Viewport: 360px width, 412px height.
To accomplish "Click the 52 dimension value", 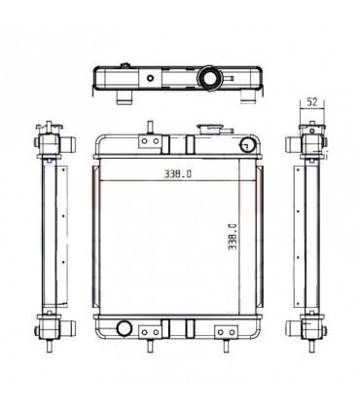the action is [x=311, y=102].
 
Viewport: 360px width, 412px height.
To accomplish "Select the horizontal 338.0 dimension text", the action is [x=177, y=174].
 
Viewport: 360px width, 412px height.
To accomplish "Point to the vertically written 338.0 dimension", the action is [x=233, y=237].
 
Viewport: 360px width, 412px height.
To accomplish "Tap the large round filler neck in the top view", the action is [x=208, y=78].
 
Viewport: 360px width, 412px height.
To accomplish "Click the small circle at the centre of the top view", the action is [x=150, y=78].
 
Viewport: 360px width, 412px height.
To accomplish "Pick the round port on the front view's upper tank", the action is [x=247, y=144].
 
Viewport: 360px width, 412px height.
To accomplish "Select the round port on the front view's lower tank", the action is [x=124, y=328].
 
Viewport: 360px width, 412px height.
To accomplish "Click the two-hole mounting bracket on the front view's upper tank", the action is [x=150, y=141].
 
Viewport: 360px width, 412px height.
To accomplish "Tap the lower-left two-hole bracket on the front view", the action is [x=150, y=332].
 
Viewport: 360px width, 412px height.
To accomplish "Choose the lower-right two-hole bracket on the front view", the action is [x=226, y=332].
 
